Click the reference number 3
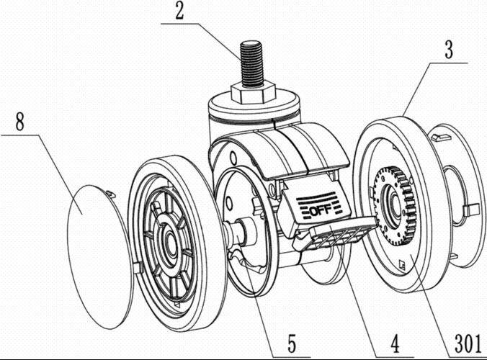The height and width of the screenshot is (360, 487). [x=447, y=51]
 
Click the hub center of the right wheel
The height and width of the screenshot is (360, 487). [x=396, y=204]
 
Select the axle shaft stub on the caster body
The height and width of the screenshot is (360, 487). [x=241, y=232]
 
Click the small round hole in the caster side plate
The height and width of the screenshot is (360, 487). [x=232, y=158]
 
